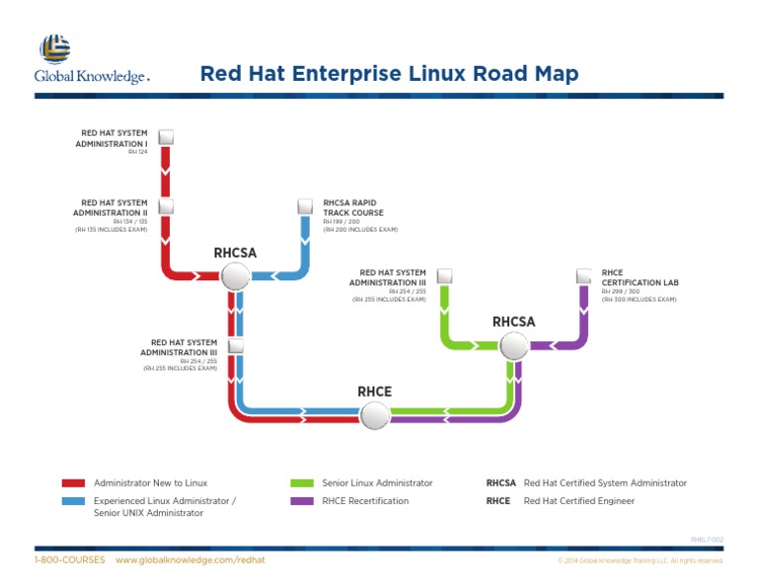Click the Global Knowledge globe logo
pos(54,48)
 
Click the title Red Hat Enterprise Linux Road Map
pos(389,74)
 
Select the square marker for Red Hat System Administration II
pos(166,206)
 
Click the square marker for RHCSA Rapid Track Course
pos(304,206)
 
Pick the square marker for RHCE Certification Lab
pos(582,276)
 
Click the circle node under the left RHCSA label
pos(235,277)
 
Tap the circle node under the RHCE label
pos(374,416)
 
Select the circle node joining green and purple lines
pos(513,346)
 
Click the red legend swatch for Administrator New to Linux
pos(73,483)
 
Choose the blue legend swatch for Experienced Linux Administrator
pos(73,501)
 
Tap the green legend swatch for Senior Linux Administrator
pos(302,483)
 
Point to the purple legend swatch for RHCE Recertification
pos(302,501)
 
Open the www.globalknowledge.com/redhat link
pos(190,560)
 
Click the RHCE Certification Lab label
pos(631,277)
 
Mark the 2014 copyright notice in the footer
pos(640,561)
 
